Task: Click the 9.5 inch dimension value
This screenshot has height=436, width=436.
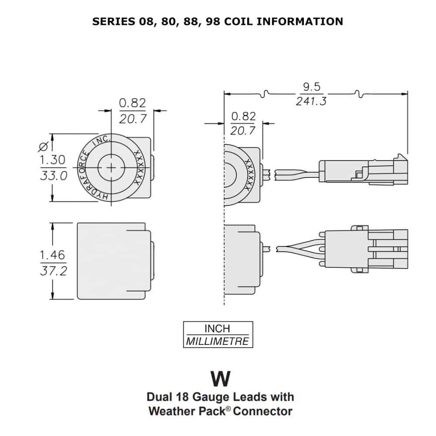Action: point(311,87)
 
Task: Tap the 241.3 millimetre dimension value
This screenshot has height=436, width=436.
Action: point(311,101)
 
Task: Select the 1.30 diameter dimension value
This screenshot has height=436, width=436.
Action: point(52,160)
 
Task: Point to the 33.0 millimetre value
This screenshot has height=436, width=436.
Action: point(53,175)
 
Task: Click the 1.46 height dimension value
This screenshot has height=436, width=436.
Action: point(52,255)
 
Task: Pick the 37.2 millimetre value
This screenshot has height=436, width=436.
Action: point(53,271)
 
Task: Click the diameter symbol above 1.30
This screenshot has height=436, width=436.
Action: point(44,146)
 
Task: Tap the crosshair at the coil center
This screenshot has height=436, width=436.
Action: point(112,168)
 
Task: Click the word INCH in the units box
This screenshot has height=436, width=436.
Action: point(217,328)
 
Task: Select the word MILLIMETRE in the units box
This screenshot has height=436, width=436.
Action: point(218,341)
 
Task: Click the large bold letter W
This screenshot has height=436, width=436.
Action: point(220,379)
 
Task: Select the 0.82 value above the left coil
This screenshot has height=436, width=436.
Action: point(133,103)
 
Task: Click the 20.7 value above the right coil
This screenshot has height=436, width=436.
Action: point(243,130)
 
